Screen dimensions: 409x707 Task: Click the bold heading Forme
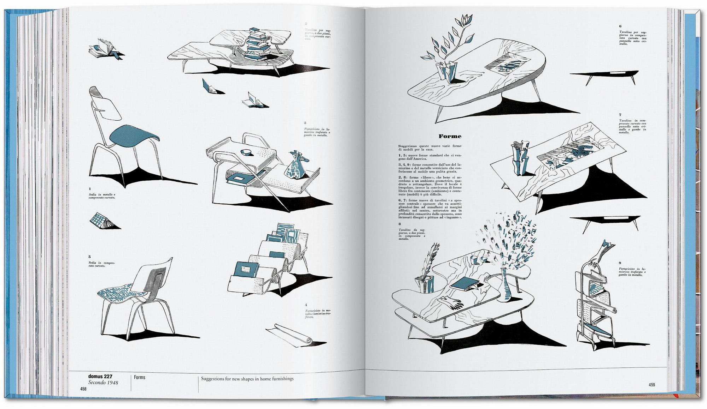pyautogui.click(x=450, y=136)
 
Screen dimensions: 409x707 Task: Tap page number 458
pyautogui.click(x=83, y=389)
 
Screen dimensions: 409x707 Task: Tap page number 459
pyautogui.click(x=652, y=385)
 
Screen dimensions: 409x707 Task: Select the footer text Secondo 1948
pyautogui.click(x=103, y=383)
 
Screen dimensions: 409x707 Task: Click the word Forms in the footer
pyautogui.click(x=140, y=378)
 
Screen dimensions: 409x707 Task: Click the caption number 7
pyautogui.click(x=620, y=115)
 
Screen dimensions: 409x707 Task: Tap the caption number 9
pyautogui.click(x=620, y=263)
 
